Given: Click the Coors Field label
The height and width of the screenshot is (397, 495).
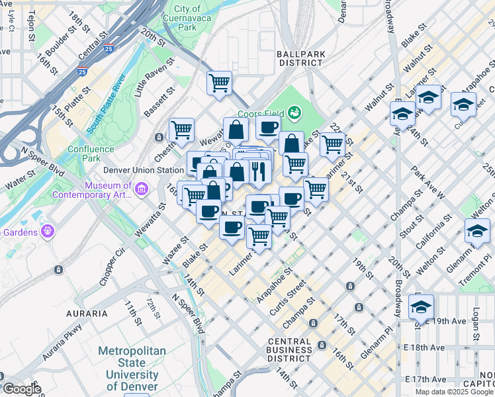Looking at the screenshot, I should [261, 114].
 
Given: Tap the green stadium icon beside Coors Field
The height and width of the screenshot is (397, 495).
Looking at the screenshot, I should [294, 113].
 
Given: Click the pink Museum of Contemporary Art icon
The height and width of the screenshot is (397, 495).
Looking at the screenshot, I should [141, 191].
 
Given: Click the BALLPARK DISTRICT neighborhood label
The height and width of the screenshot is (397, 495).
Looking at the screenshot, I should [305, 58].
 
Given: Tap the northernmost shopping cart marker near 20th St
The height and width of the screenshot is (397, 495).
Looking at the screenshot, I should [219, 83].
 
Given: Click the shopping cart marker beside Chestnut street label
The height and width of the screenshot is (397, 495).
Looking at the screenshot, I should [181, 130].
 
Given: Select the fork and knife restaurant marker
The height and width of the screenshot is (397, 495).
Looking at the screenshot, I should [259, 171].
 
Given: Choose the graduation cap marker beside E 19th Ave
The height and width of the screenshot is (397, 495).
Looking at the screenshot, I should [421, 308].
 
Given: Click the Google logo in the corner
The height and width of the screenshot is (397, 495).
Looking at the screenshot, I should [21, 389].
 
